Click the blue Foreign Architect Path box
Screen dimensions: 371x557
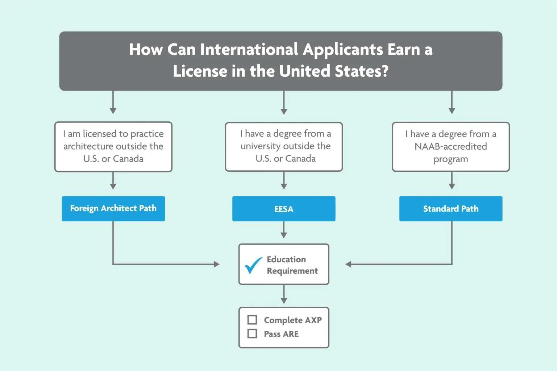pyautogui.click(x=113, y=209)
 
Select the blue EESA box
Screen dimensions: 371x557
pyautogui.click(x=284, y=209)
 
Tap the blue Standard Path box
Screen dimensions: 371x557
pyautogui.click(x=451, y=209)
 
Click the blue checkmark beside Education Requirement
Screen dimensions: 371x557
pyautogui.click(x=253, y=265)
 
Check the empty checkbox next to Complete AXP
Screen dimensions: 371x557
pyautogui.click(x=252, y=320)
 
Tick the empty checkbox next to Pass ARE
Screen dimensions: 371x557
pyautogui.click(x=252, y=334)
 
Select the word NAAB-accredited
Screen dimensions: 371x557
pyautogui.click(x=451, y=146)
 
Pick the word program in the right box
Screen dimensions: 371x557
pyautogui.click(x=451, y=159)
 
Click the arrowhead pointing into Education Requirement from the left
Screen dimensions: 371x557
pyautogui.click(x=217, y=264)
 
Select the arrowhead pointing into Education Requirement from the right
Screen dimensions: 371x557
pyautogui.click(x=349, y=264)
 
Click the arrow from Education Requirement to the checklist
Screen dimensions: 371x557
pyautogui.click(x=284, y=295)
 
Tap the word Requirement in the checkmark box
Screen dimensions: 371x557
pyautogui.click(x=292, y=271)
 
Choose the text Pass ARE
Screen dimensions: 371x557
pyautogui.click(x=281, y=334)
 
